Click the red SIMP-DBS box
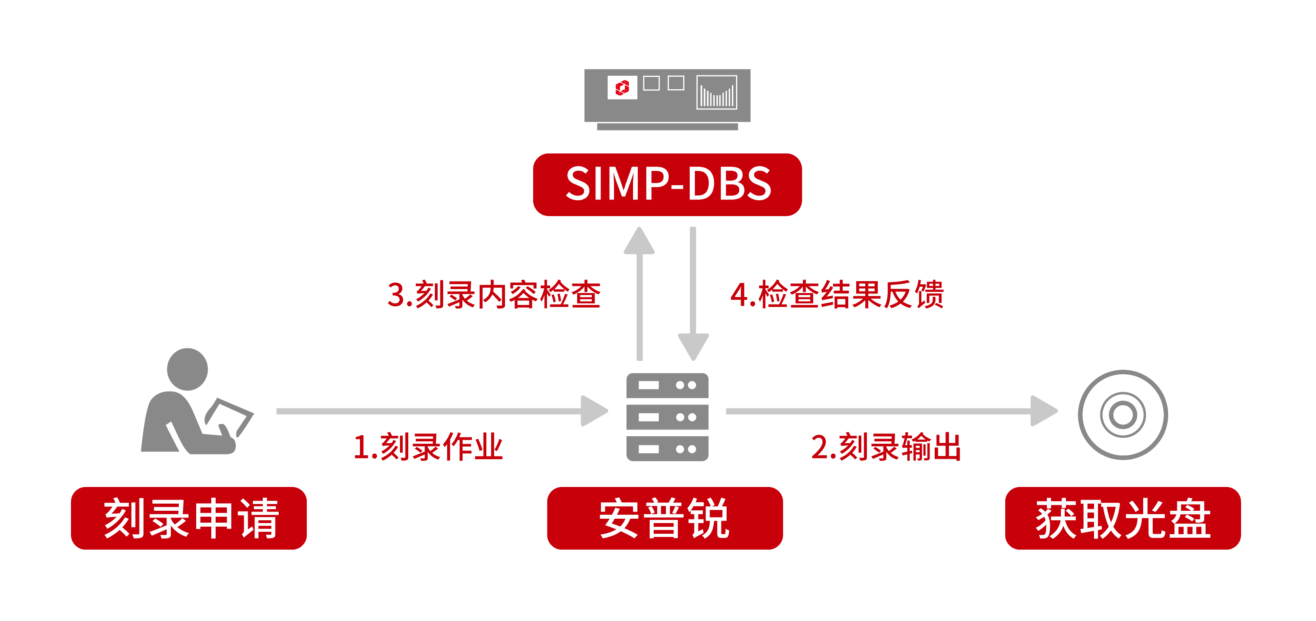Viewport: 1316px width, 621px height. tap(667, 184)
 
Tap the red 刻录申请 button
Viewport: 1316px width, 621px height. tap(189, 518)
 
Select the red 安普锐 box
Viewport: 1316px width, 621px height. tap(665, 518)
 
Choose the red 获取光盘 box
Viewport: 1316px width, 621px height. tap(1123, 518)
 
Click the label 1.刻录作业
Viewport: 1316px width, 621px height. tap(428, 447)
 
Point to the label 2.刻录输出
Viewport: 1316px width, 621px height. tap(886, 447)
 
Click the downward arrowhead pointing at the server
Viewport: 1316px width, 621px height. tap(693, 346)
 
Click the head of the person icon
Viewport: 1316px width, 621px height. tap(187, 369)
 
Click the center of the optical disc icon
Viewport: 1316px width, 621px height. tap(1123, 414)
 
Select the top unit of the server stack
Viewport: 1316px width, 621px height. tap(667, 385)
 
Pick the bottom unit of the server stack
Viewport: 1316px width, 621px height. tap(667, 449)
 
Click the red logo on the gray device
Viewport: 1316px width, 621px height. tap(622, 87)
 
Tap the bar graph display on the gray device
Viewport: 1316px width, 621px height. tap(717, 92)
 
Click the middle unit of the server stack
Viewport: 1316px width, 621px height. tap(667, 417)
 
